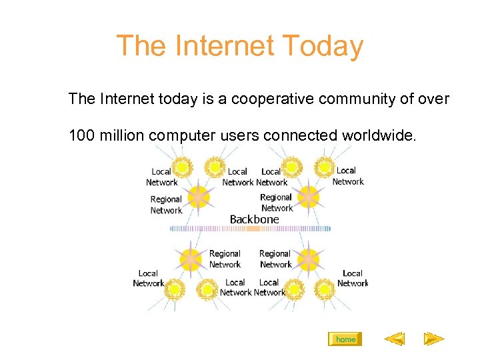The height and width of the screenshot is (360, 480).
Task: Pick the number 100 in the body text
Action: [81, 136]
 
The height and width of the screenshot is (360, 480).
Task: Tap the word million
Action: [122, 136]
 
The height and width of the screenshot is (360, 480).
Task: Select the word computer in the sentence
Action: [180, 136]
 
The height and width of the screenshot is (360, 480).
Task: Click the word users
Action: [237, 136]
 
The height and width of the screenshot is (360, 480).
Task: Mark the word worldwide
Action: [379, 136]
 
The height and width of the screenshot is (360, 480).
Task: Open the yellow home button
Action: [345, 339]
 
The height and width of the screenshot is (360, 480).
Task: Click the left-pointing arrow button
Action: [395, 339]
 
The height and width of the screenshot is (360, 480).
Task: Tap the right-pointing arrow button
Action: [434, 339]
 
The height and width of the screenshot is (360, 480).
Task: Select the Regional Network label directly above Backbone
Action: [276, 203]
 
